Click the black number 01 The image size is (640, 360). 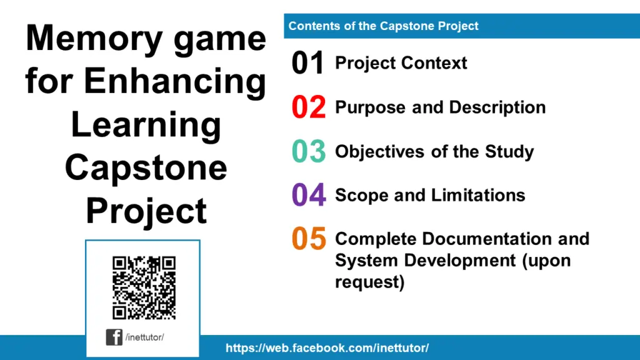coord(308,63)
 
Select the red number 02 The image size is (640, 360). coord(309,107)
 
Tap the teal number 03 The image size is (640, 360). coord(309,151)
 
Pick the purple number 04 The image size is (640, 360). coord(309,195)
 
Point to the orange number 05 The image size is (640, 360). coord(309,238)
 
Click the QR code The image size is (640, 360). coord(144,287)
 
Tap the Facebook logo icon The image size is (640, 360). coord(114,337)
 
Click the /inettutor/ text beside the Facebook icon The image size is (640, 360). coord(145,337)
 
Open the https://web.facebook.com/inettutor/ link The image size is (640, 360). coord(327,348)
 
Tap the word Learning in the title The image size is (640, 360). coord(146,124)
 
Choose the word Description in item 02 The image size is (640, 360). coord(497,107)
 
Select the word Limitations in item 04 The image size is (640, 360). coord(478,195)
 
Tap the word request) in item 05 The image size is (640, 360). coord(370,282)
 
